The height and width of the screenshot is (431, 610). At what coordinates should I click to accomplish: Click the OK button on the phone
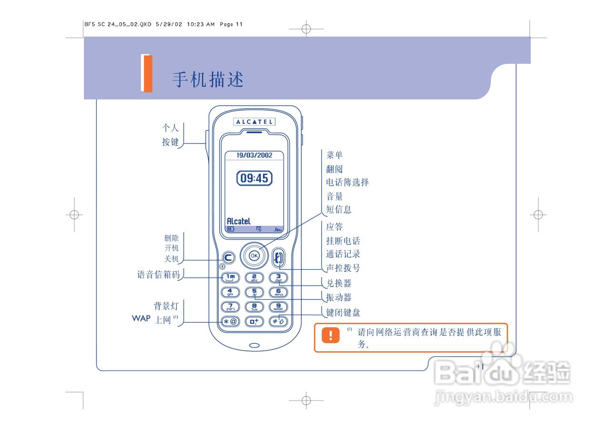(254, 256)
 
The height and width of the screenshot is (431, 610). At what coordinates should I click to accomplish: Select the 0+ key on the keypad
(254, 321)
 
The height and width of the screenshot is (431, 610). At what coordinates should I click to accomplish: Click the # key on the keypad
(279, 321)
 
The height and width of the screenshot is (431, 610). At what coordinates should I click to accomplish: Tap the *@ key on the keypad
(230, 321)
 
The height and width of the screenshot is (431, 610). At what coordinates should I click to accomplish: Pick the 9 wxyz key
(279, 308)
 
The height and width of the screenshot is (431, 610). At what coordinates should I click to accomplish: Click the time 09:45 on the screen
(254, 178)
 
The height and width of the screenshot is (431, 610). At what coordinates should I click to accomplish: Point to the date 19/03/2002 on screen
(254, 155)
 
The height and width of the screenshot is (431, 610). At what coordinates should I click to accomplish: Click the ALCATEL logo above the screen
(254, 122)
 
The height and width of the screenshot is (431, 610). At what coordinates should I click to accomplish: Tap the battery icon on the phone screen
(231, 229)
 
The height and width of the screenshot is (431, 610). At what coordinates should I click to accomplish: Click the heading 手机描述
(208, 80)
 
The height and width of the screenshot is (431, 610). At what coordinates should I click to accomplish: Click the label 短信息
(339, 209)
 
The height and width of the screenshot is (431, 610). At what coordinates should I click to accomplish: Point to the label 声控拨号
(343, 268)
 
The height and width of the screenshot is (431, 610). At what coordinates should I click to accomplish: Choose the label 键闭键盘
(343, 313)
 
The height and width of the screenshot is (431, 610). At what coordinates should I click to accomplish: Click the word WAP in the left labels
(141, 318)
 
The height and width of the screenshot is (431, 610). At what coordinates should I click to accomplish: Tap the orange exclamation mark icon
(330, 335)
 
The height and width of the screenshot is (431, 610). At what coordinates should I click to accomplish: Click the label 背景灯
(165, 306)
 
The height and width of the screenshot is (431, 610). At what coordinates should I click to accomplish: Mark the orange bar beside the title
(147, 73)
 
